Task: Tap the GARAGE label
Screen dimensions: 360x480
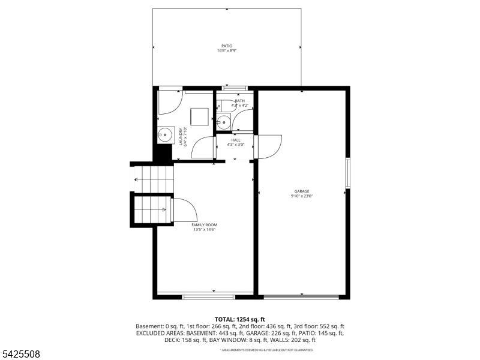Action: (x=301, y=191)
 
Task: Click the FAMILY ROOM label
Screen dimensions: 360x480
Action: (x=203, y=224)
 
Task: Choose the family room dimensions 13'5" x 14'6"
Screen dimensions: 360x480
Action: (x=204, y=229)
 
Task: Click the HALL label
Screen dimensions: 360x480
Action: (x=236, y=140)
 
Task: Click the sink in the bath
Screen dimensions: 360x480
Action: (x=223, y=122)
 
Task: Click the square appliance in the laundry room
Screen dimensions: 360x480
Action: (x=199, y=116)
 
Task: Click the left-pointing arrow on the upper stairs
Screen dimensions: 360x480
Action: (x=137, y=179)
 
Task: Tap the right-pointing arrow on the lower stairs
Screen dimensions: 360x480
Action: (x=163, y=209)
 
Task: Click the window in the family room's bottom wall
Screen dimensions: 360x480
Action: (x=209, y=296)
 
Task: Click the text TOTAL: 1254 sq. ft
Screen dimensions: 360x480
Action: (x=240, y=319)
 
